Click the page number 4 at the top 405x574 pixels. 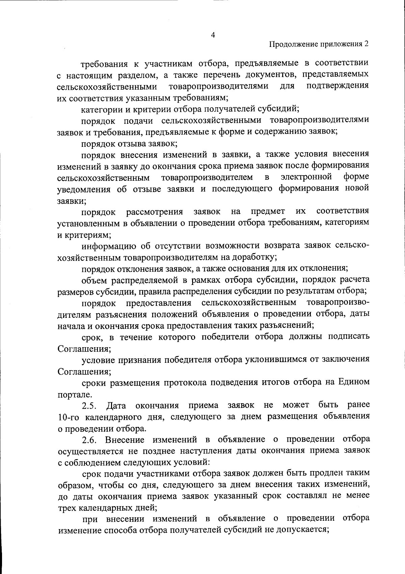[x=213, y=35]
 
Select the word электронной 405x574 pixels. [x=307, y=177]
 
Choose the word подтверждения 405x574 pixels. [x=337, y=86]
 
